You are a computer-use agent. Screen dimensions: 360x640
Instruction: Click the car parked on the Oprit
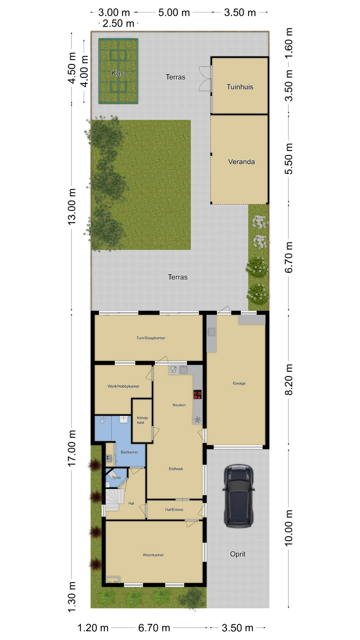coord(238,496)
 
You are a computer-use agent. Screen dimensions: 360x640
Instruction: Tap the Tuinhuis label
coord(240,87)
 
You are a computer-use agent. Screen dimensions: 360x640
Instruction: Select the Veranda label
coord(241,162)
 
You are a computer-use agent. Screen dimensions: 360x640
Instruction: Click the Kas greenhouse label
coord(118,73)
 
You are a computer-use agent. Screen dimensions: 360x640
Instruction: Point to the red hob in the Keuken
coord(197,395)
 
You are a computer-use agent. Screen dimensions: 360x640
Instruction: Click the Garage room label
coord(239,383)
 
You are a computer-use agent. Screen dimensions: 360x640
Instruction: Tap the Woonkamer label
coord(153,555)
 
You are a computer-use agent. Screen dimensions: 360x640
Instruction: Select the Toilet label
coord(116,478)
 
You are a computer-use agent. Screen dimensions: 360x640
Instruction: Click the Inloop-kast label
coord(143,420)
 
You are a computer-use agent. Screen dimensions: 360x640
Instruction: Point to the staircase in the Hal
coord(113,499)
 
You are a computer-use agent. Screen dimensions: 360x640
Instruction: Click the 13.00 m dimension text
coord(72,207)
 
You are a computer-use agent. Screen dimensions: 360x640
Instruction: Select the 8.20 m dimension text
coord(289,380)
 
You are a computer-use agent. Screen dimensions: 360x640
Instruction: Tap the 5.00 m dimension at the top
coord(174,13)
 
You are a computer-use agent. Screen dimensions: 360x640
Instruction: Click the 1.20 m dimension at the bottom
coord(93,628)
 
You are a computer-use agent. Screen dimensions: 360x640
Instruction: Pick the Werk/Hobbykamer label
coord(123,386)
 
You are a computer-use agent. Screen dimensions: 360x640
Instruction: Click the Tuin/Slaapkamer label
coord(151,338)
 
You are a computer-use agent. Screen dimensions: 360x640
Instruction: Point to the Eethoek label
coord(176,469)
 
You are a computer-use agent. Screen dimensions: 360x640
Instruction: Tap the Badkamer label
coord(129,452)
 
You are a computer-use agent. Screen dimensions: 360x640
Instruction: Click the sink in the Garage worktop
coord(211,332)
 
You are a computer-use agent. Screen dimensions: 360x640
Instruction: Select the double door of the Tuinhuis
coord(205,79)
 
